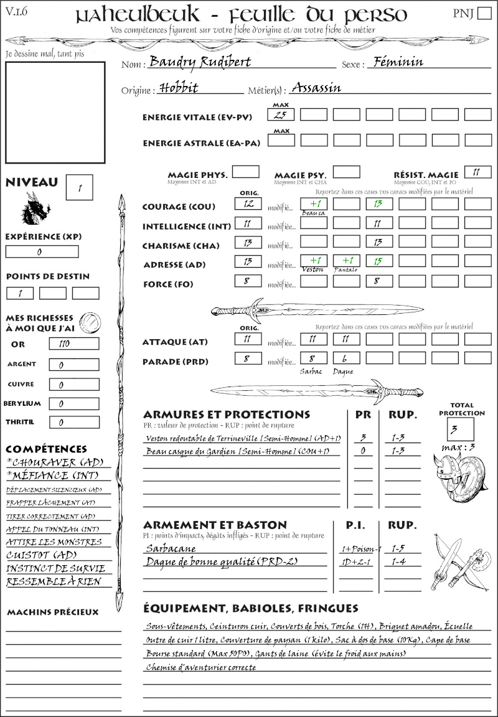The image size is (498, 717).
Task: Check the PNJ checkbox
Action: point(483,14)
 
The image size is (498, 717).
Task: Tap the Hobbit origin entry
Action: point(179,88)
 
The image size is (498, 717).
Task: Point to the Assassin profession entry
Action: point(316,88)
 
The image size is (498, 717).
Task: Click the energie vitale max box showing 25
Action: point(281,115)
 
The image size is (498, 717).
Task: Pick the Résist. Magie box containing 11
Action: point(477,172)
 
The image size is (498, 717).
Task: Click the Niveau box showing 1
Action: point(80,187)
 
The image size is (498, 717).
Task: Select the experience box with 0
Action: point(42,252)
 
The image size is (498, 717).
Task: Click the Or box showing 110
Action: point(73,344)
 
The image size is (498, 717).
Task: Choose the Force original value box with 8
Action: point(248,281)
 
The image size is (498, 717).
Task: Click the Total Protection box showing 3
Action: point(460,429)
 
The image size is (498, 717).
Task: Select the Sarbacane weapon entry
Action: point(171,548)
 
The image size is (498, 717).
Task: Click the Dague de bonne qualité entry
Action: point(222,562)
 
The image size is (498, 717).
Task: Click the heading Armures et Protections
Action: point(226,414)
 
